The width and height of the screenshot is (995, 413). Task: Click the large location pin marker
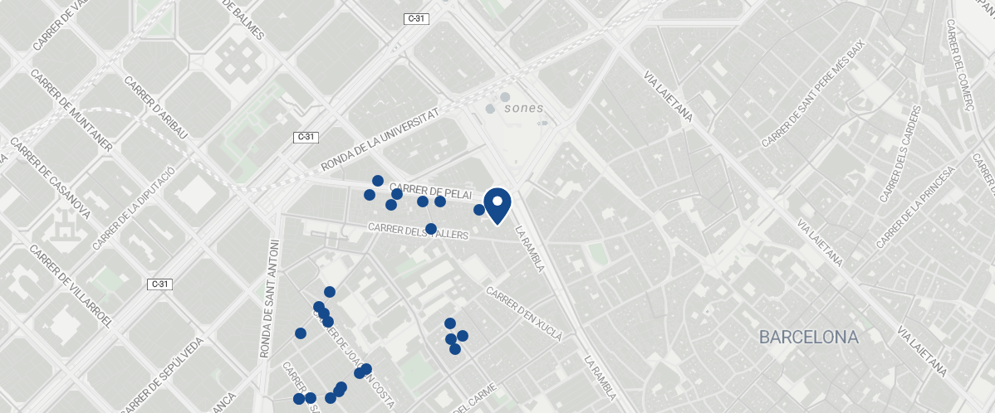[x=497, y=204]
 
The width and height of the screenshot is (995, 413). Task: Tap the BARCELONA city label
[x=808, y=338]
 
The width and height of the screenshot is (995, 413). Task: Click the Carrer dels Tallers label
[x=419, y=231]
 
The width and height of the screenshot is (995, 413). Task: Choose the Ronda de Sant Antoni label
[x=270, y=299]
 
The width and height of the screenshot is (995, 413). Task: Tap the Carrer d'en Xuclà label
[x=524, y=314]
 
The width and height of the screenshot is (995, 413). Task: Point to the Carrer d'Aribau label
[x=155, y=108]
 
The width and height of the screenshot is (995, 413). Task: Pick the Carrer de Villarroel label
[x=71, y=287]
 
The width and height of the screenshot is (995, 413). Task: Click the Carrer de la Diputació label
[x=134, y=208]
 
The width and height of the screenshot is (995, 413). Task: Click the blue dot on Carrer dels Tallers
[x=431, y=229]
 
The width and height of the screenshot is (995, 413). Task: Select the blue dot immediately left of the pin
[x=479, y=210]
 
